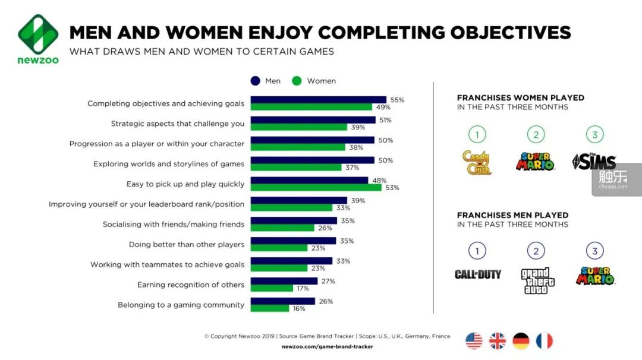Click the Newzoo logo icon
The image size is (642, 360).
click(x=38, y=34)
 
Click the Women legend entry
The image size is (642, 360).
click(x=314, y=81)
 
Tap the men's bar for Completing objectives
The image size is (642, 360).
click(x=318, y=100)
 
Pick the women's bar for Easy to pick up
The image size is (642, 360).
click(x=316, y=188)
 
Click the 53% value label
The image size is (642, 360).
click(x=392, y=188)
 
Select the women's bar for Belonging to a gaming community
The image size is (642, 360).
click(x=270, y=309)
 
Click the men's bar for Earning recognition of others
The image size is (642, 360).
click(x=284, y=281)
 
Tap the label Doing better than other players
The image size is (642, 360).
click(x=187, y=244)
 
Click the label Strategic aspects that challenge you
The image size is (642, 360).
click(x=178, y=124)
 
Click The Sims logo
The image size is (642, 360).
click(x=594, y=162)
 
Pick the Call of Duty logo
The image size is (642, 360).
click(x=477, y=274)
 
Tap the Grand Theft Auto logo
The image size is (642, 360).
click(x=536, y=280)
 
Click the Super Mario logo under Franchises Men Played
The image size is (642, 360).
click(x=594, y=276)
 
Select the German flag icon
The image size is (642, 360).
click(x=521, y=341)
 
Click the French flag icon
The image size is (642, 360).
click(x=544, y=341)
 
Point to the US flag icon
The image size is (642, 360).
click(x=474, y=341)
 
